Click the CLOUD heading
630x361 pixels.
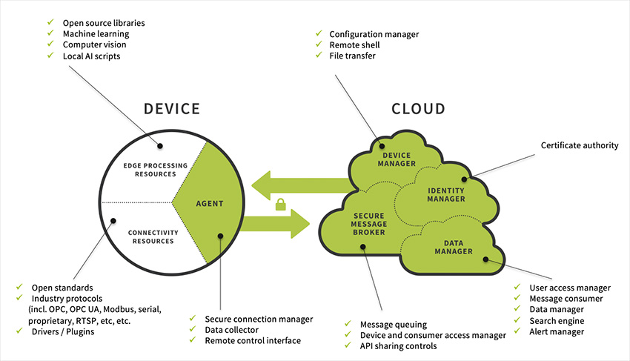418,109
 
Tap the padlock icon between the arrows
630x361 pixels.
282,205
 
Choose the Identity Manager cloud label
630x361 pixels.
446,194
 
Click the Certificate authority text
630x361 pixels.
579,145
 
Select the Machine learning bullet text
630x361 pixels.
96,34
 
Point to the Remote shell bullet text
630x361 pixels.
355,44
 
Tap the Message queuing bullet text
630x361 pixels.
392,325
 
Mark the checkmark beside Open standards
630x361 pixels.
19,287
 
